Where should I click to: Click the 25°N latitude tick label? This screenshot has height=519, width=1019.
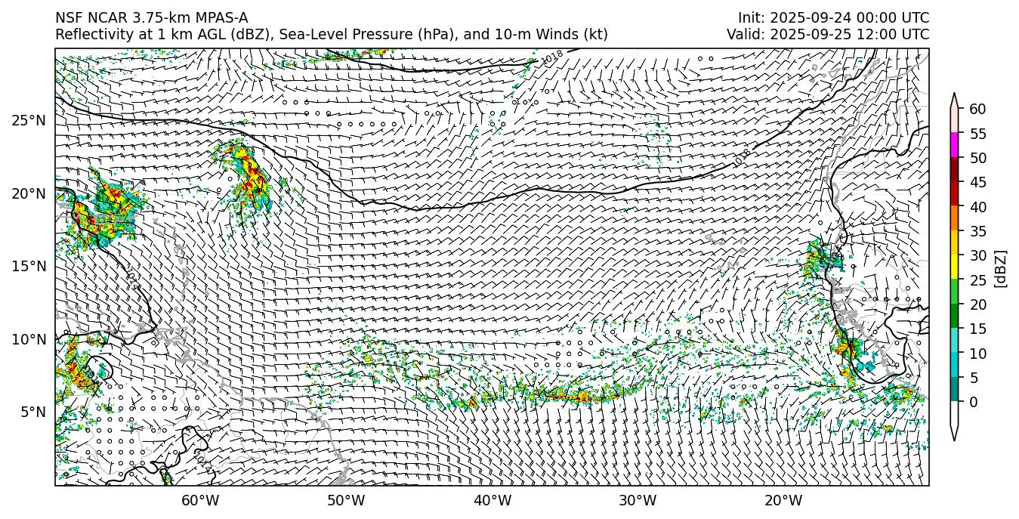[x=28, y=121]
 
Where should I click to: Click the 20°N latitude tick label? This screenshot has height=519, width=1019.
[x=28, y=193]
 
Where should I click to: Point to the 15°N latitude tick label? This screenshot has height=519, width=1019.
[x=28, y=267]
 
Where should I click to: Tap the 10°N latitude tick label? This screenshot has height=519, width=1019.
[x=28, y=339]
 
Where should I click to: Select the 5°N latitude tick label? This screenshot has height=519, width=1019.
[x=32, y=412]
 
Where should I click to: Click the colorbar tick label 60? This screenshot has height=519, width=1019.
[x=977, y=110]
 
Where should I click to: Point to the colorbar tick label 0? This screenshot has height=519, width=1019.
[x=974, y=402]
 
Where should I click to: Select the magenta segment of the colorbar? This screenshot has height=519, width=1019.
[x=954, y=146]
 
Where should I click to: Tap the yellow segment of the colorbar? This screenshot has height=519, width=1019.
[x=954, y=267]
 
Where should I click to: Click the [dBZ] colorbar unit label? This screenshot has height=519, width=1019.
[x=1001, y=268]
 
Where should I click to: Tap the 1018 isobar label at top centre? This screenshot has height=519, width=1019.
[x=553, y=57]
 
